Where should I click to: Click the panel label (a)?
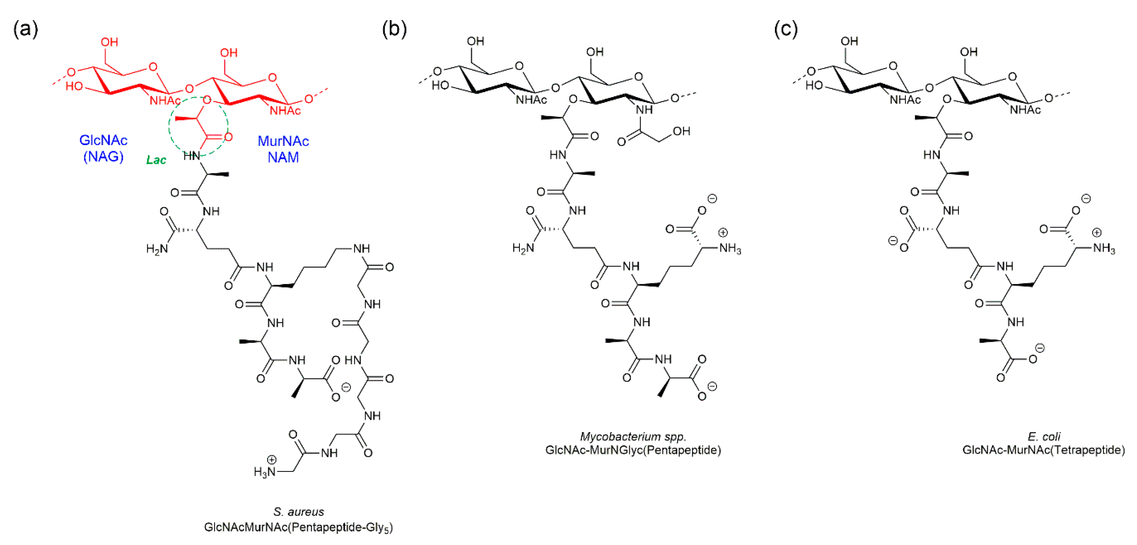pyautogui.click(x=26, y=29)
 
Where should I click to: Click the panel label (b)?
pyautogui.click(x=394, y=29)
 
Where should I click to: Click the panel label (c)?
pyautogui.click(x=786, y=29)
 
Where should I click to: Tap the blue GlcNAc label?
pyautogui.click(x=103, y=140)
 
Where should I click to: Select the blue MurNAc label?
pyautogui.click(x=283, y=141)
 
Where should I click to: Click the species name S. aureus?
pyautogui.click(x=299, y=512)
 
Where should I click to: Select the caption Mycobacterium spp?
pyautogui.click(x=633, y=436)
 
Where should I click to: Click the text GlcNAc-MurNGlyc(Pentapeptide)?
pyautogui.click(x=633, y=450)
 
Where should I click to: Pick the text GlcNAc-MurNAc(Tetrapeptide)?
pyautogui.click(x=1043, y=450)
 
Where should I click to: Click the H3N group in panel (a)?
pyautogui.click(x=265, y=472)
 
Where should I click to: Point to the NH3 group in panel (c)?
pyautogui.click(x=1104, y=248)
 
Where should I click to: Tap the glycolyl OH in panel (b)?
pyautogui.click(x=681, y=131)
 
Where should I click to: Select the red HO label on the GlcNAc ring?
pyautogui.click(x=74, y=86)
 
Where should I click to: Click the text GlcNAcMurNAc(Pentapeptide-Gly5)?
pyautogui.click(x=299, y=527)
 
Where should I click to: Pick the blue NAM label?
pyautogui.click(x=283, y=157)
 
